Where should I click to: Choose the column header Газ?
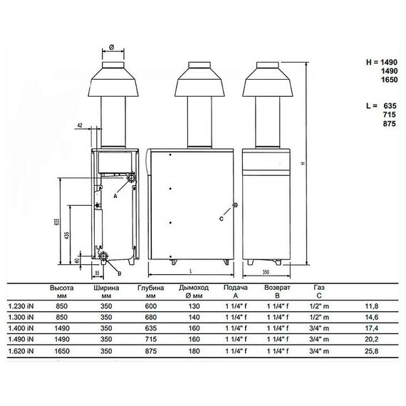318,286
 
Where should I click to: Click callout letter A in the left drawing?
117,195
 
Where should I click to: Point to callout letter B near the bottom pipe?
119,272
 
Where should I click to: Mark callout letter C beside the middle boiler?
221,219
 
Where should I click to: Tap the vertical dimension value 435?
68,236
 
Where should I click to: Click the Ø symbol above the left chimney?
112,49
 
